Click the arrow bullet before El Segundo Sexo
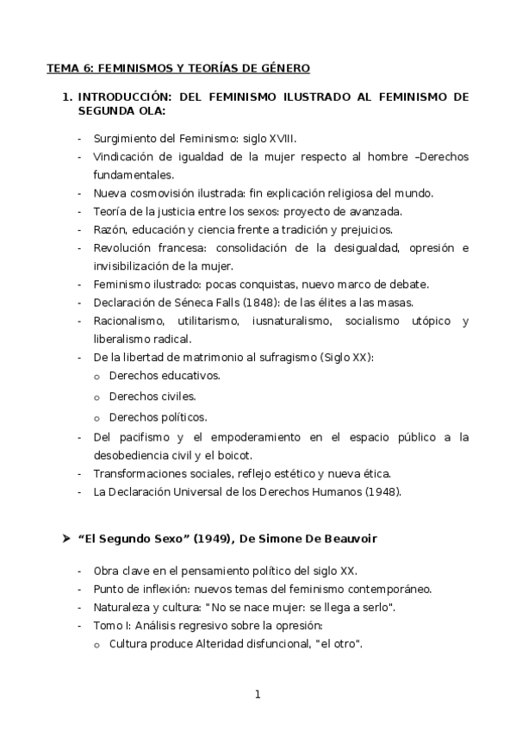click(65, 539)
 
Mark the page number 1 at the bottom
click(258, 695)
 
